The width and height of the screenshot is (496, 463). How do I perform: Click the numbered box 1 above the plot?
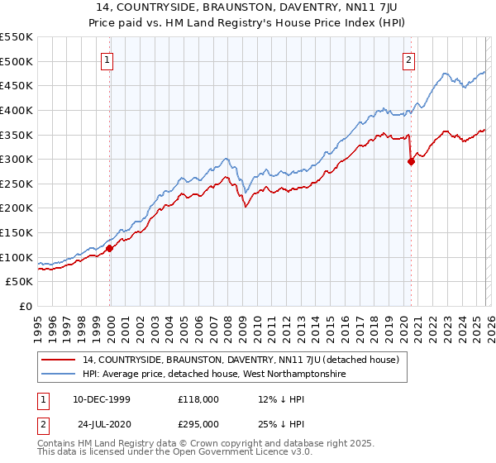(x=109, y=59)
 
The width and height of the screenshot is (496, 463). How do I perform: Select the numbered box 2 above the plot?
(x=410, y=59)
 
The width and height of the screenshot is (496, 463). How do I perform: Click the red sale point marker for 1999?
(x=109, y=248)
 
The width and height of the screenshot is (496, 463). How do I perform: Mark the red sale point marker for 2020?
(x=411, y=162)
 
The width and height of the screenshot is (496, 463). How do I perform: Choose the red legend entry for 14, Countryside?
(x=241, y=360)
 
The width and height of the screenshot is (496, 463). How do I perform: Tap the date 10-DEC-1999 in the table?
(x=107, y=399)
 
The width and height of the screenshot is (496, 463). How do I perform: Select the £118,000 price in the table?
(x=198, y=399)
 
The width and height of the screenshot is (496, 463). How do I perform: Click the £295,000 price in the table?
(x=198, y=423)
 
